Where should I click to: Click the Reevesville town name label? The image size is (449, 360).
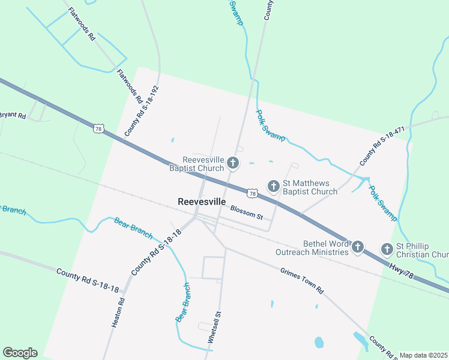(x=202, y=202)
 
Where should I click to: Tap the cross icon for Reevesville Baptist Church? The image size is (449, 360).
(x=233, y=163)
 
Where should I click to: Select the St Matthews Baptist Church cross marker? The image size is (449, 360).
(x=273, y=186)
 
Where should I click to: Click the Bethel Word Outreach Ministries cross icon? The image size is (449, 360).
(x=358, y=247)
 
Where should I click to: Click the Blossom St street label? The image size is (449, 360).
(x=247, y=211)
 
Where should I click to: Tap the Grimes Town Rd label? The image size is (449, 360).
(x=301, y=280)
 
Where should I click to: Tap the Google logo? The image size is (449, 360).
(x=20, y=353)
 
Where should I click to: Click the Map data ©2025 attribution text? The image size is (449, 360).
(x=423, y=355)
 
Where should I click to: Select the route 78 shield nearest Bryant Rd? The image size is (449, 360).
(x=99, y=128)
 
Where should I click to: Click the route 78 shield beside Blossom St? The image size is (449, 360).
(x=252, y=193)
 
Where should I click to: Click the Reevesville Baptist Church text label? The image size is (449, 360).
(x=203, y=164)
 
